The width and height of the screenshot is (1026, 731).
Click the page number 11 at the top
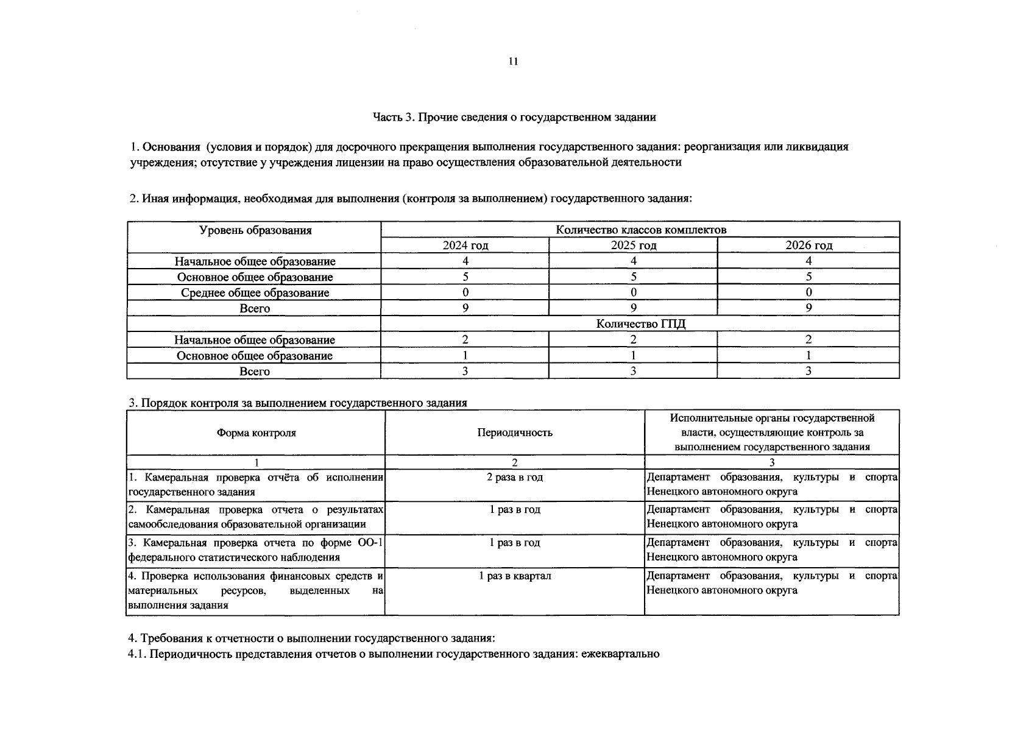click(513, 62)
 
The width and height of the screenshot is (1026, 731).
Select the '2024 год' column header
click(465, 245)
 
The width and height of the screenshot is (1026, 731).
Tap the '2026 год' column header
click(808, 245)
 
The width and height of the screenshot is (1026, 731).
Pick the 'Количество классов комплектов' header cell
click(640, 230)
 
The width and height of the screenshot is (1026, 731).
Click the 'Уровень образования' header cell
click(255, 230)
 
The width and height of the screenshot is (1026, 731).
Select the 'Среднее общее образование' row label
click(255, 292)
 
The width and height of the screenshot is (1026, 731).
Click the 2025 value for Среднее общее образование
click(633, 292)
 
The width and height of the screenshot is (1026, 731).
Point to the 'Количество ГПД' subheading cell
click(640, 323)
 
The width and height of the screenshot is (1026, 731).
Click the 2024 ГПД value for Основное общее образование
click(465, 355)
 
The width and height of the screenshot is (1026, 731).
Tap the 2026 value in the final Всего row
click(808, 371)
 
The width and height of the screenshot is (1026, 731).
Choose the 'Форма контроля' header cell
click(256, 433)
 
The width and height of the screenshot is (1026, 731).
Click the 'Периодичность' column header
click(515, 433)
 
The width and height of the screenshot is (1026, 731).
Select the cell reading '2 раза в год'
click(515, 477)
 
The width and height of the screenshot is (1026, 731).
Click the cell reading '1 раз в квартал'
click(515, 576)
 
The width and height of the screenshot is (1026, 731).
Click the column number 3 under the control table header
click(772, 462)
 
